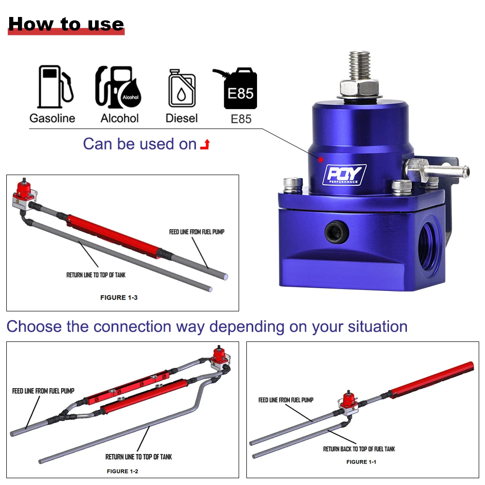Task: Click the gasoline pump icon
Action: [x=56, y=87]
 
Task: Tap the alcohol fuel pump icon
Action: [x=118, y=87]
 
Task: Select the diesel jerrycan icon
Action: [x=182, y=88]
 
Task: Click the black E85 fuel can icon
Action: [x=236, y=88]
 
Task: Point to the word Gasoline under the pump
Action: [x=52, y=118]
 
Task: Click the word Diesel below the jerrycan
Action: [x=181, y=118]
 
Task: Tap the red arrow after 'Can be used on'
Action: [x=205, y=145]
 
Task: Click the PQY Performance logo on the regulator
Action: [x=344, y=175]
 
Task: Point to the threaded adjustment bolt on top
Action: [x=359, y=65]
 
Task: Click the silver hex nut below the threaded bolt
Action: [x=359, y=88]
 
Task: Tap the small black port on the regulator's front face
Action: [x=337, y=232]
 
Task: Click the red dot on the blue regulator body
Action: [x=321, y=160]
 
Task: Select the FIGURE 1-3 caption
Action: [x=119, y=298]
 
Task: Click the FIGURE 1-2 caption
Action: [x=123, y=471]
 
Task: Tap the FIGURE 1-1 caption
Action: [x=361, y=462]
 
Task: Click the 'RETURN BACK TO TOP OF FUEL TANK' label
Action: [x=359, y=449]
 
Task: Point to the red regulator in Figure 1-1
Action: [x=349, y=402]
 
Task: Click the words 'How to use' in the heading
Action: [x=66, y=24]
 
